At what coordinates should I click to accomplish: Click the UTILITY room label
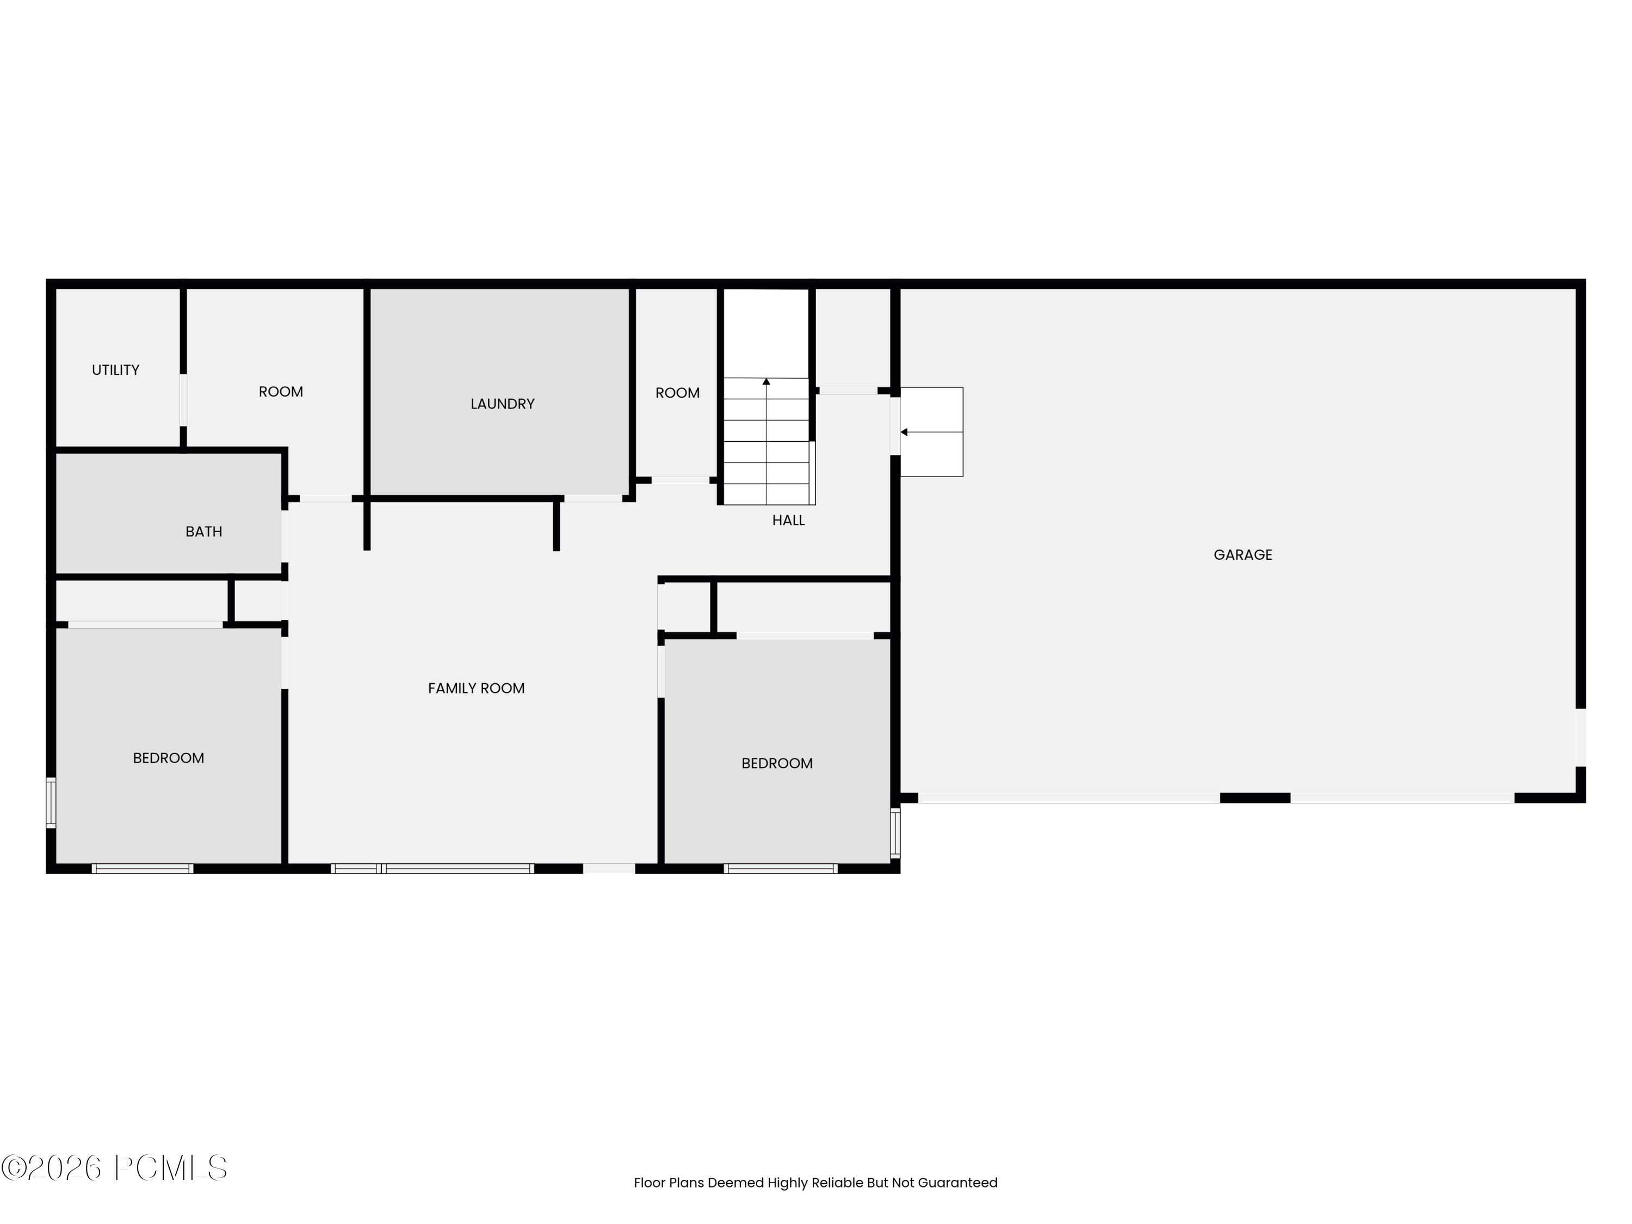pyautogui.click(x=115, y=369)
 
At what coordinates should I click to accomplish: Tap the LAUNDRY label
pyautogui.click(x=503, y=404)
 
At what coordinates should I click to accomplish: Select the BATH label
pyautogui.click(x=203, y=531)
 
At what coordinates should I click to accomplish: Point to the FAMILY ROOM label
pyautogui.click(x=476, y=688)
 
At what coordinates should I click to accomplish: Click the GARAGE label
pyautogui.click(x=1242, y=555)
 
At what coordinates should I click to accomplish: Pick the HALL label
pyautogui.click(x=788, y=520)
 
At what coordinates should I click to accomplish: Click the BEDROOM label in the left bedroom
pyautogui.click(x=168, y=758)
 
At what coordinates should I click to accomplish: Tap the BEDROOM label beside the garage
pyautogui.click(x=777, y=763)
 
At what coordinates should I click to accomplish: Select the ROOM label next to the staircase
pyautogui.click(x=677, y=393)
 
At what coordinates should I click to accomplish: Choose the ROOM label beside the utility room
pyautogui.click(x=280, y=391)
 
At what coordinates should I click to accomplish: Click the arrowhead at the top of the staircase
pyautogui.click(x=766, y=381)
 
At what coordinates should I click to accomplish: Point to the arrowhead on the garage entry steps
pyautogui.click(x=904, y=431)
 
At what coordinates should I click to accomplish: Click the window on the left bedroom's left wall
pyautogui.click(x=51, y=802)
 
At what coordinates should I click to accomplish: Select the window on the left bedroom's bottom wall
pyautogui.click(x=143, y=868)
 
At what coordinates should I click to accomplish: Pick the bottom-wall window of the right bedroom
pyautogui.click(x=781, y=868)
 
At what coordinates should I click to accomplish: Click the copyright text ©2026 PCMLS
pyautogui.click(x=114, y=1168)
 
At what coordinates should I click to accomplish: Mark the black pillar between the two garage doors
pyautogui.click(x=1254, y=798)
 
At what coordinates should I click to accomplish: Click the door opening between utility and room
pyautogui.click(x=183, y=400)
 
